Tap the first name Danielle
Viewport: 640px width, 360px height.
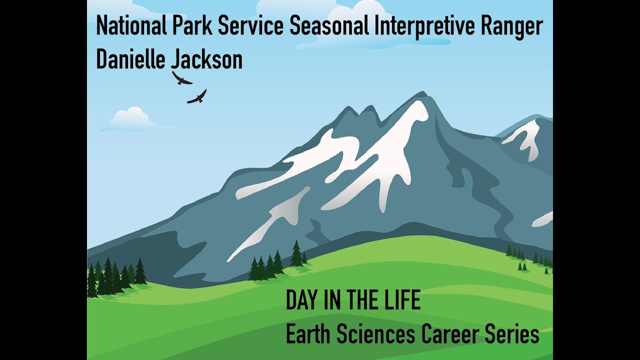(x=131, y=59)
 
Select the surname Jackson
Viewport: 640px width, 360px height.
(x=206, y=59)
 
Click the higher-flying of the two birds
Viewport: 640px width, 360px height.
(x=181, y=78)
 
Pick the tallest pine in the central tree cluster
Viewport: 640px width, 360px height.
(x=296, y=254)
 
